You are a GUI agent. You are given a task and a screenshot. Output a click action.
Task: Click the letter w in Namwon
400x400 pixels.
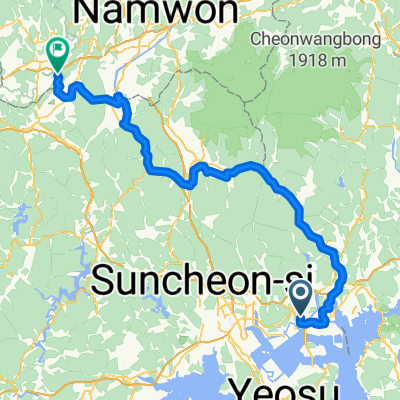181,12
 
